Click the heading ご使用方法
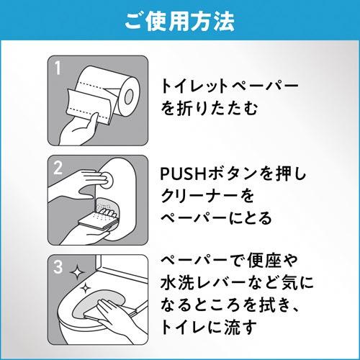click(180, 22)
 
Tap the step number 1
click(58, 68)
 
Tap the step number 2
click(58, 168)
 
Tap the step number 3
click(58, 266)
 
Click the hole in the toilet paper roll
click(129, 96)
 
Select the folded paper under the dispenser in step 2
click(99, 221)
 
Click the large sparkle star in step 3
click(77, 273)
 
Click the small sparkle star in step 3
click(85, 288)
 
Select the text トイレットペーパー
click(230, 86)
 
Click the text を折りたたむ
click(210, 108)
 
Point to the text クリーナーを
click(207, 196)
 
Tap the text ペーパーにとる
click(216, 218)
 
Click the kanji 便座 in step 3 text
click(264, 261)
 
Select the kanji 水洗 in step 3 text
click(177, 282)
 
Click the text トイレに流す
click(208, 327)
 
